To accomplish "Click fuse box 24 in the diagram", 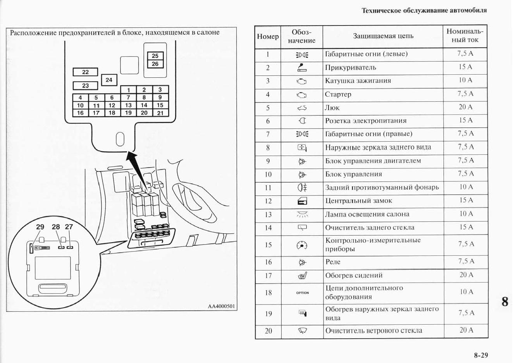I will (x=109, y=80).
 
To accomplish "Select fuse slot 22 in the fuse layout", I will (x=85, y=72).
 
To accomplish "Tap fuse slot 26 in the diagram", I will (x=155, y=64).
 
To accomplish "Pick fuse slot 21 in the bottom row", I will (x=160, y=113).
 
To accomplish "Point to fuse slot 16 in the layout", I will (x=80, y=113).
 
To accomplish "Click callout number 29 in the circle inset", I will (x=40, y=227).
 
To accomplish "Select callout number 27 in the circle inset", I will (x=69, y=227).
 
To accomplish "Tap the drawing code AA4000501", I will (x=222, y=306).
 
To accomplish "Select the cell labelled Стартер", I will (x=338, y=94).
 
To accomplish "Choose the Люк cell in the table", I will (x=332, y=108).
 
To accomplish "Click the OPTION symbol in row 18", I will (x=302, y=293).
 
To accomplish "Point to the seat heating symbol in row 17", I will (x=302, y=276).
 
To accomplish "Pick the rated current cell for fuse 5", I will (x=465, y=107).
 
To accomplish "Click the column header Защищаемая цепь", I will (x=383, y=36).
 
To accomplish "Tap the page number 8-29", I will (x=480, y=355).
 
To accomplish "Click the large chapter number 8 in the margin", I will (x=504, y=301).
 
